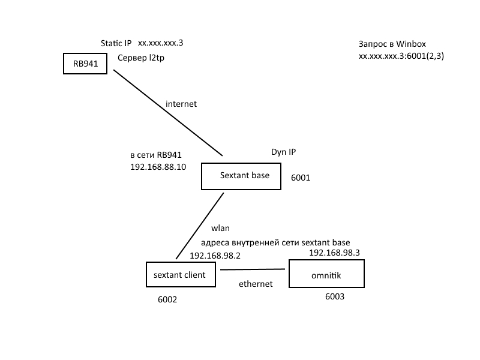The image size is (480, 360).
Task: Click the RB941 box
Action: pyautogui.click(x=85, y=64)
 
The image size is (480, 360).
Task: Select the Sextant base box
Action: pyautogui.click(x=241, y=176)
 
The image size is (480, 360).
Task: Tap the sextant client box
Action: pyautogui.click(x=180, y=275)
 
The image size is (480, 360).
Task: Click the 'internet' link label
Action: pyautogui.click(x=181, y=104)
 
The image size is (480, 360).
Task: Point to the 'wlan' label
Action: pyautogui.click(x=221, y=229)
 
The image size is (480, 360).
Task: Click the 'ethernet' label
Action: pyautogui.click(x=256, y=284)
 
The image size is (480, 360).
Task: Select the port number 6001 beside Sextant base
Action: pyautogui.click(x=301, y=178)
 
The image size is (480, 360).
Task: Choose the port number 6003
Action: pyautogui.click(x=335, y=296)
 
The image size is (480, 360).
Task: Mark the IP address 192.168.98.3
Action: pyautogui.click(x=334, y=253)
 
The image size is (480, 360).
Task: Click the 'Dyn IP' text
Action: pyautogui.click(x=283, y=152)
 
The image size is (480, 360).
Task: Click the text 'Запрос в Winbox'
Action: pyautogui.click(x=392, y=44)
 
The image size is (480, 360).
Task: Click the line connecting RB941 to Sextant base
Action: pyautogui.click(x=168, y=112)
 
